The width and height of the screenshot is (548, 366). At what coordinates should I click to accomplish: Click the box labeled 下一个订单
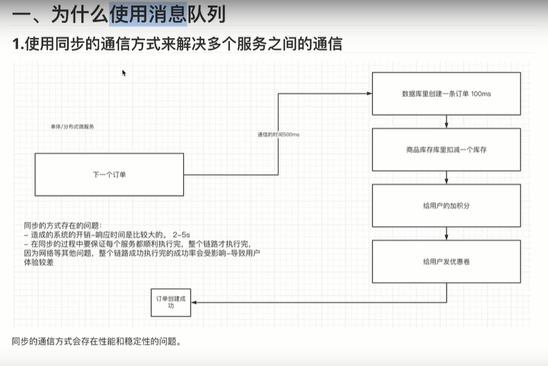click(x=109, y=174)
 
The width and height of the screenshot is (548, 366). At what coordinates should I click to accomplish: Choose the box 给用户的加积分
click(x=447, y=206)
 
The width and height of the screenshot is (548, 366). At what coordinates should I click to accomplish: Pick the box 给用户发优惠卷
click(x=447, y=261)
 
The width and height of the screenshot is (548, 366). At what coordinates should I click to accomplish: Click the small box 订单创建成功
click(x=171, y=302)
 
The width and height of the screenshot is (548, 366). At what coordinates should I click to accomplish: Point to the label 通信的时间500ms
click(x=279, y=133)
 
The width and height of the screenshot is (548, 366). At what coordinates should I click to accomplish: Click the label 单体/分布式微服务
click(x=72, y=127)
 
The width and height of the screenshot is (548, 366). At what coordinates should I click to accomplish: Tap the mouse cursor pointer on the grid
click(x=124, y=72)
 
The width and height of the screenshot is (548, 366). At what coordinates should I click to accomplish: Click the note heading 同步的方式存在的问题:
click(x=63, y=225)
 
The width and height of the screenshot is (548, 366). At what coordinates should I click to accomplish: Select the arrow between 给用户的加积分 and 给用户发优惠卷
click(x=447, y=234)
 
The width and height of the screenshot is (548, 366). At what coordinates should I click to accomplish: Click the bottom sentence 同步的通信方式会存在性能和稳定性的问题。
click(x=97, y=342)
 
